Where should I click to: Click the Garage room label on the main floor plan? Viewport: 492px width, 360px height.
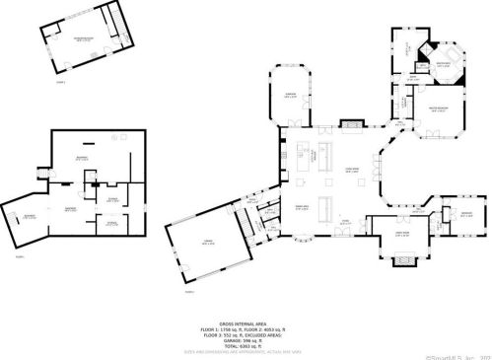tap(206, 244)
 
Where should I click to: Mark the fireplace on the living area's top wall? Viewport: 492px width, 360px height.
tap(351, 124)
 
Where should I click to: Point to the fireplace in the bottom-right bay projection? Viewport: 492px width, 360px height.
tap(405, 261)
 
